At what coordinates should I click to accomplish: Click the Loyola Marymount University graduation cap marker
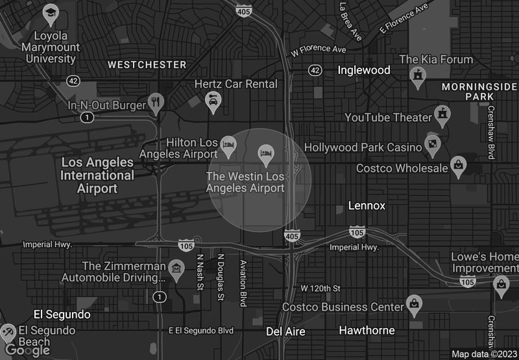(x=51, y=13)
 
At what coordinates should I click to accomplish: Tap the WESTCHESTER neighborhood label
(x=147, y=65)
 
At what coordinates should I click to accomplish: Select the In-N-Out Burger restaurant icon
(x=155, y=101)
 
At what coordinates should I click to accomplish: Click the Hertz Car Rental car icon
(x=213, y=100)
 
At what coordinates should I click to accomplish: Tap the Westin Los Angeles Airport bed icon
(x=266, y=154)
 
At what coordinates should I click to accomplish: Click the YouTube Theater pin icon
(x=443, y=114)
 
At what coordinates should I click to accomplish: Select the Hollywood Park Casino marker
(x=432, y=143)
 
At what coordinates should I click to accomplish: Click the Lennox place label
(x=367, y=206)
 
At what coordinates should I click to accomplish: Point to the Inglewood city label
(x=364, y=70)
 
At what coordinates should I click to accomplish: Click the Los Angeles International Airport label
(x=97, y=175)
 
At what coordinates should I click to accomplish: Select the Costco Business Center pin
(x=414, y=302)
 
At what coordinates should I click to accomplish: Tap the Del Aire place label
(x=285, y=331)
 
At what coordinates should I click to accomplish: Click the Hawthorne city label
(x=367, y=330)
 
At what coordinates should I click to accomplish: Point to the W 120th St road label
(x=320, y=288)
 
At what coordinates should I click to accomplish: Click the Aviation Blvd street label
(x=243, y=283)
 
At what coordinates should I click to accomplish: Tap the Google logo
(x=27, y=350)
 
